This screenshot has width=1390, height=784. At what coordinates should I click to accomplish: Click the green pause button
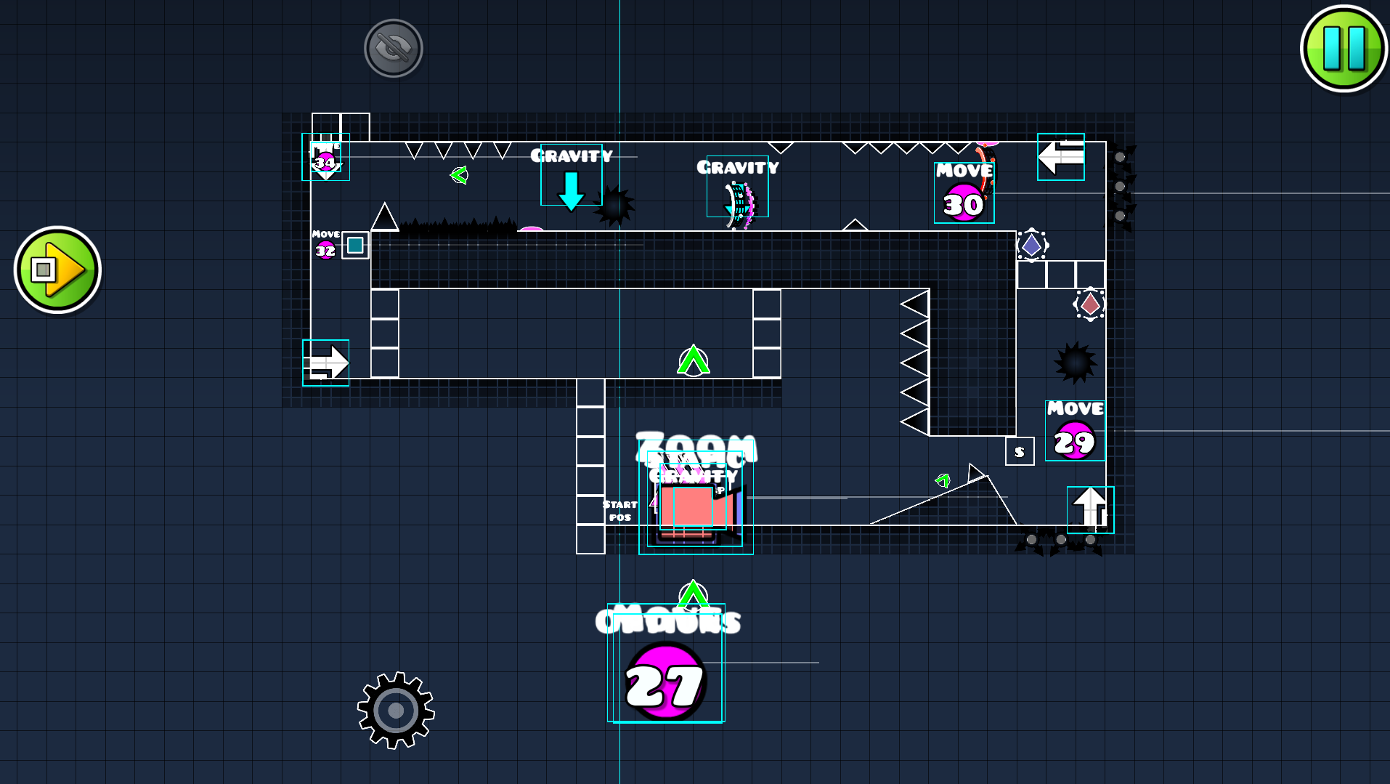click(x=1343, y=48)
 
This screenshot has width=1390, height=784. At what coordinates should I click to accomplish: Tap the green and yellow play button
click(x=57, y=270)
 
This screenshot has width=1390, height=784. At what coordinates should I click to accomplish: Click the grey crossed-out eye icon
click(x=394, y=48)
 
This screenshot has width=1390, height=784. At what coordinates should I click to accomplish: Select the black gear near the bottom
click(x=396, y=710)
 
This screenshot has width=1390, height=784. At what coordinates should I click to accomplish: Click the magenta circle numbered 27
click(x=664, y=682)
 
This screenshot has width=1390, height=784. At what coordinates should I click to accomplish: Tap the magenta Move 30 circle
click(x=963, y=203)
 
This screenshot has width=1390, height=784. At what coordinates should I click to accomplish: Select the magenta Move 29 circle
click(x=1074, y=440)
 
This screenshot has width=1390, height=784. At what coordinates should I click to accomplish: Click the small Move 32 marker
click(x=325, y=251)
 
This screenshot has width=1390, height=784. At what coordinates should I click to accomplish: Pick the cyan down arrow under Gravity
click(x=571, y=190)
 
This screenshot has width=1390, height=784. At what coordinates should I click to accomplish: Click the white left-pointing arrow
click(x=1060, y=156)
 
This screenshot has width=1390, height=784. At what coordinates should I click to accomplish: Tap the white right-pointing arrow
click(x=326, y=362)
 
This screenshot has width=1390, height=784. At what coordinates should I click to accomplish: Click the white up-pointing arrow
click(x=1089, y=506)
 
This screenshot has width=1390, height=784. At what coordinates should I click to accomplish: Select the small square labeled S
click(x=1020, y=451)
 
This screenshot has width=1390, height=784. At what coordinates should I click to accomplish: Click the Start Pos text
click(x=619, y=510)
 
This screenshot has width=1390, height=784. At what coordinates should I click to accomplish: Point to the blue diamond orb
click(x=1031, y=246)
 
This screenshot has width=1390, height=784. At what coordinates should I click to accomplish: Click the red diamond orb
click(x=1089, y=304)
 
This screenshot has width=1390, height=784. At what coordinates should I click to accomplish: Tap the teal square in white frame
click(x=355, y=246)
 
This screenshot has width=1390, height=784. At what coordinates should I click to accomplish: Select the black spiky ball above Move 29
click(x=1075, y=362)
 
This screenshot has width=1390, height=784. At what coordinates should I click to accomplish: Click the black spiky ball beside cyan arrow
click(x=615, y=206)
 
